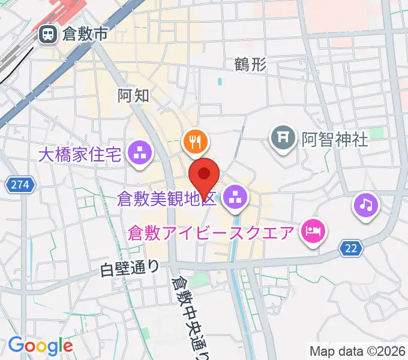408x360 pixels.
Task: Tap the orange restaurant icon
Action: coord(194,142)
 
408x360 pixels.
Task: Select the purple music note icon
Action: coord(365,205)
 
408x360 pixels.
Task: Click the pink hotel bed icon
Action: coord(313,230)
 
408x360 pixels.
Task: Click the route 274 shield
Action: coord(19,186)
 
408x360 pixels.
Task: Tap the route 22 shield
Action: coord(351,247)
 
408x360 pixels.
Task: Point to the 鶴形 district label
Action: coord(250,65)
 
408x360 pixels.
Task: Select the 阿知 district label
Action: coord(133,94)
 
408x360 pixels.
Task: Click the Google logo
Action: coord(40,346)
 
